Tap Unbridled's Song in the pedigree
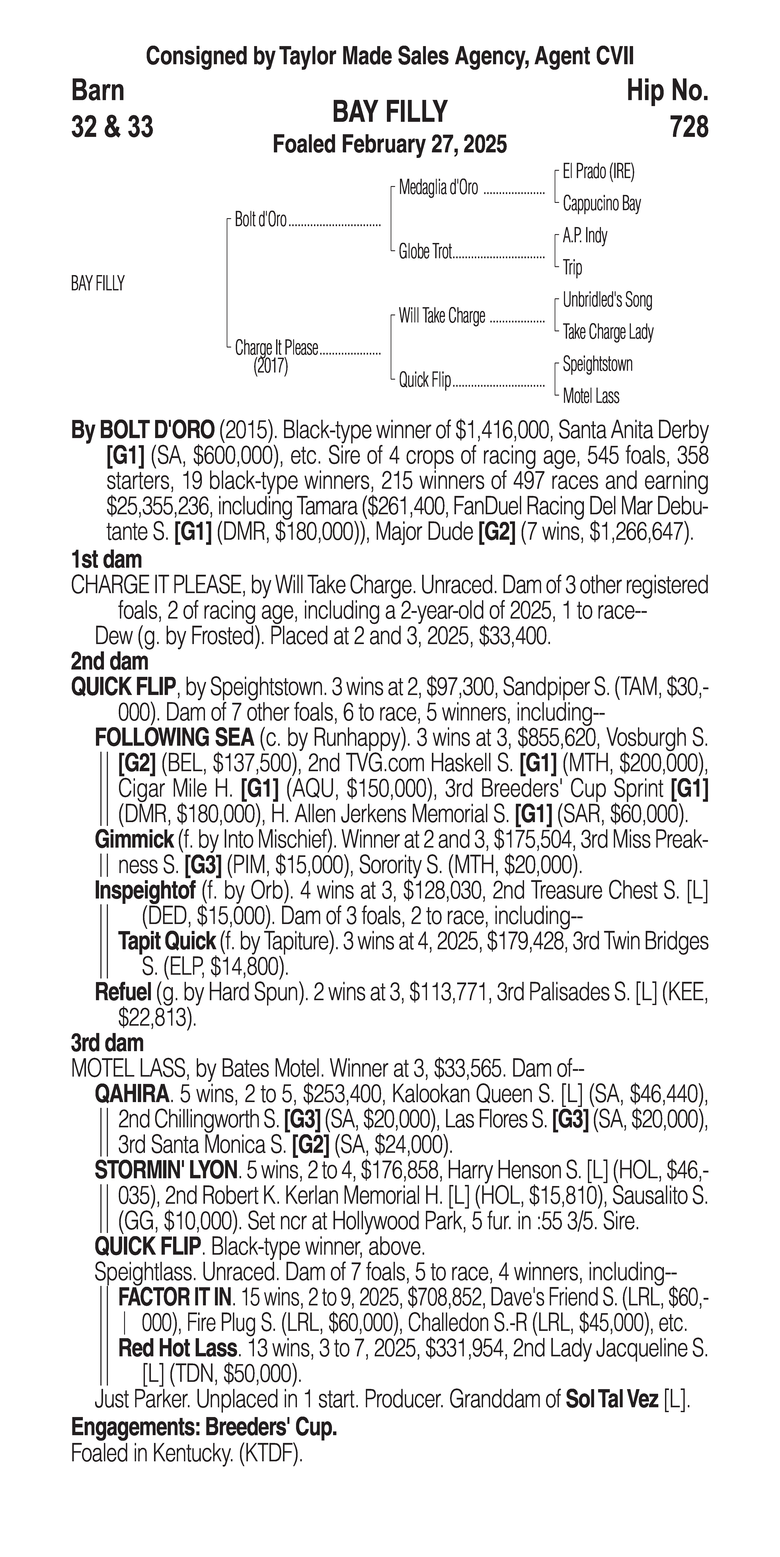[607, 300]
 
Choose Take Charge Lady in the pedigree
[608, 332]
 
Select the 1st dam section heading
[106, 560]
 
